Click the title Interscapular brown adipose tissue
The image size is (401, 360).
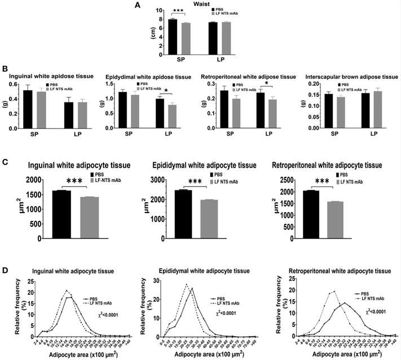coord(345,76)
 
